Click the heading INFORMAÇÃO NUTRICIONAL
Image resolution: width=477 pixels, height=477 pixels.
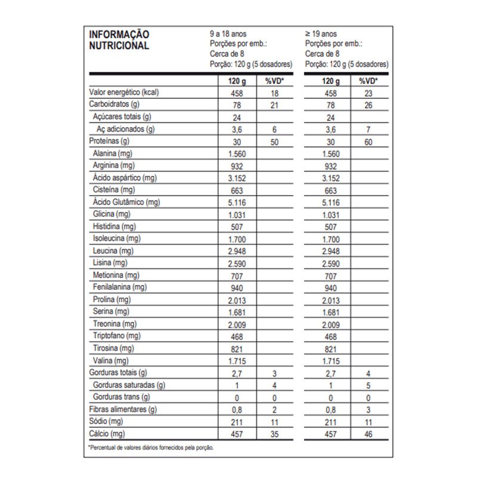[119, 40]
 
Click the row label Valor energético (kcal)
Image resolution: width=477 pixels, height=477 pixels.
[123, 93]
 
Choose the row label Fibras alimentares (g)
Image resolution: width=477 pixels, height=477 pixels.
[123, 409]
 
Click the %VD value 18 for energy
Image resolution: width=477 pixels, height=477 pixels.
[275, 93]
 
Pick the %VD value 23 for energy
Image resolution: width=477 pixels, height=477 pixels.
[368, 93]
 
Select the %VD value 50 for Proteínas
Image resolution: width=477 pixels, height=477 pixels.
[275, 142]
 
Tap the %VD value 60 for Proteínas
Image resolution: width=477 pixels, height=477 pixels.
[368, 142]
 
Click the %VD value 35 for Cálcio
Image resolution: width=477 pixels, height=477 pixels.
[275, 433]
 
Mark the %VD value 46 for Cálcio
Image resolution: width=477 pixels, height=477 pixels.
[368, 433]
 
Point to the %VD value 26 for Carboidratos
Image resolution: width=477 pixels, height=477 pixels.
[368, 106]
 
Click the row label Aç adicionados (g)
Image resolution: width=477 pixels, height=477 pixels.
[125, 129]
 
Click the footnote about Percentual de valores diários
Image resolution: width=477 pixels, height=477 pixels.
[150, 447]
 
